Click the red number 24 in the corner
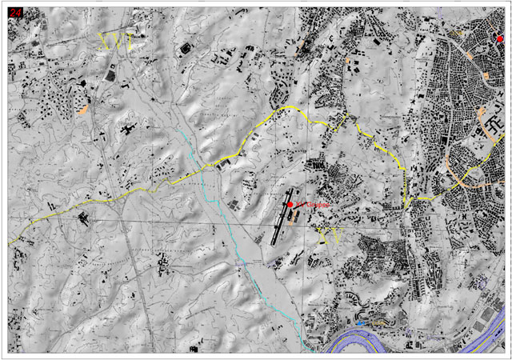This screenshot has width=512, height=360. tap(14, 11)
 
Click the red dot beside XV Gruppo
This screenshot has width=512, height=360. tap(290, 205)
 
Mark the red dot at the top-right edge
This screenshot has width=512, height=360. tap(501, 38)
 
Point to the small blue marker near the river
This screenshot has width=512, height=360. tap(362, 322)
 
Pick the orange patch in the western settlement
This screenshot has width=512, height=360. tap(83, 109)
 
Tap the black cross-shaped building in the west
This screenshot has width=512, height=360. tap(128, 128)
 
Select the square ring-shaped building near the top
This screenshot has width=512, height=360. tap(186, 48)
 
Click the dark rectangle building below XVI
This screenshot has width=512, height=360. tap(110, 75)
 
